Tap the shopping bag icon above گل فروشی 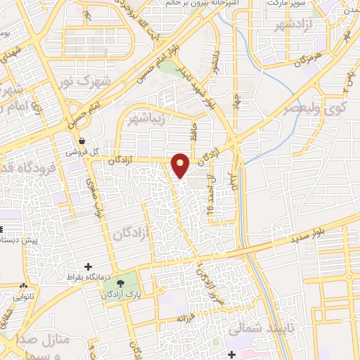pyautogui.click(x=82, y=140)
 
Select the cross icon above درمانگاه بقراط pyautogui.click(x=87, y=266)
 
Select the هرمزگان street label pyautogui.click(x=307, y=55)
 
